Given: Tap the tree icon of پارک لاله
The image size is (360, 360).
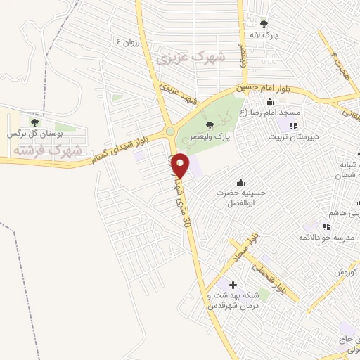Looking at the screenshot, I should pyautogui.click(x=264, y=23).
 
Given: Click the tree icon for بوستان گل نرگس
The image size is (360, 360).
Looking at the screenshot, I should pyautogui.click(x=34, y=122).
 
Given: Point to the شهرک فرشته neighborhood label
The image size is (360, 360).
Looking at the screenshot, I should pyautogui.click(x=48, y=150).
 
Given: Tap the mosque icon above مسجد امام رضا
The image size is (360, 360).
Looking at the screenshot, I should pyautogui.click(x=269, y=102).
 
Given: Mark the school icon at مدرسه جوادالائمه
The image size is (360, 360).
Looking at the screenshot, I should pyautogui.click(x=326, y=226).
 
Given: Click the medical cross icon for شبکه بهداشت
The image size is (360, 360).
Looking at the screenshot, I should pyautogui.click(x=233, y=285).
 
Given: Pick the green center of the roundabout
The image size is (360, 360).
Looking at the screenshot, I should pyautogui.click(x=170, y=131).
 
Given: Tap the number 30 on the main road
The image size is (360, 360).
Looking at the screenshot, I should pyautogui.click(x=186, y=221).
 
